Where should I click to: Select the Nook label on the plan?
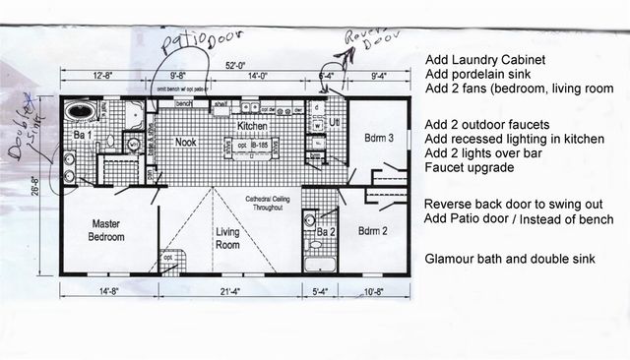186,142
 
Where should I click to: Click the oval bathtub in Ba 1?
79,113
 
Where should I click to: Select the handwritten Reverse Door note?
365,39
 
